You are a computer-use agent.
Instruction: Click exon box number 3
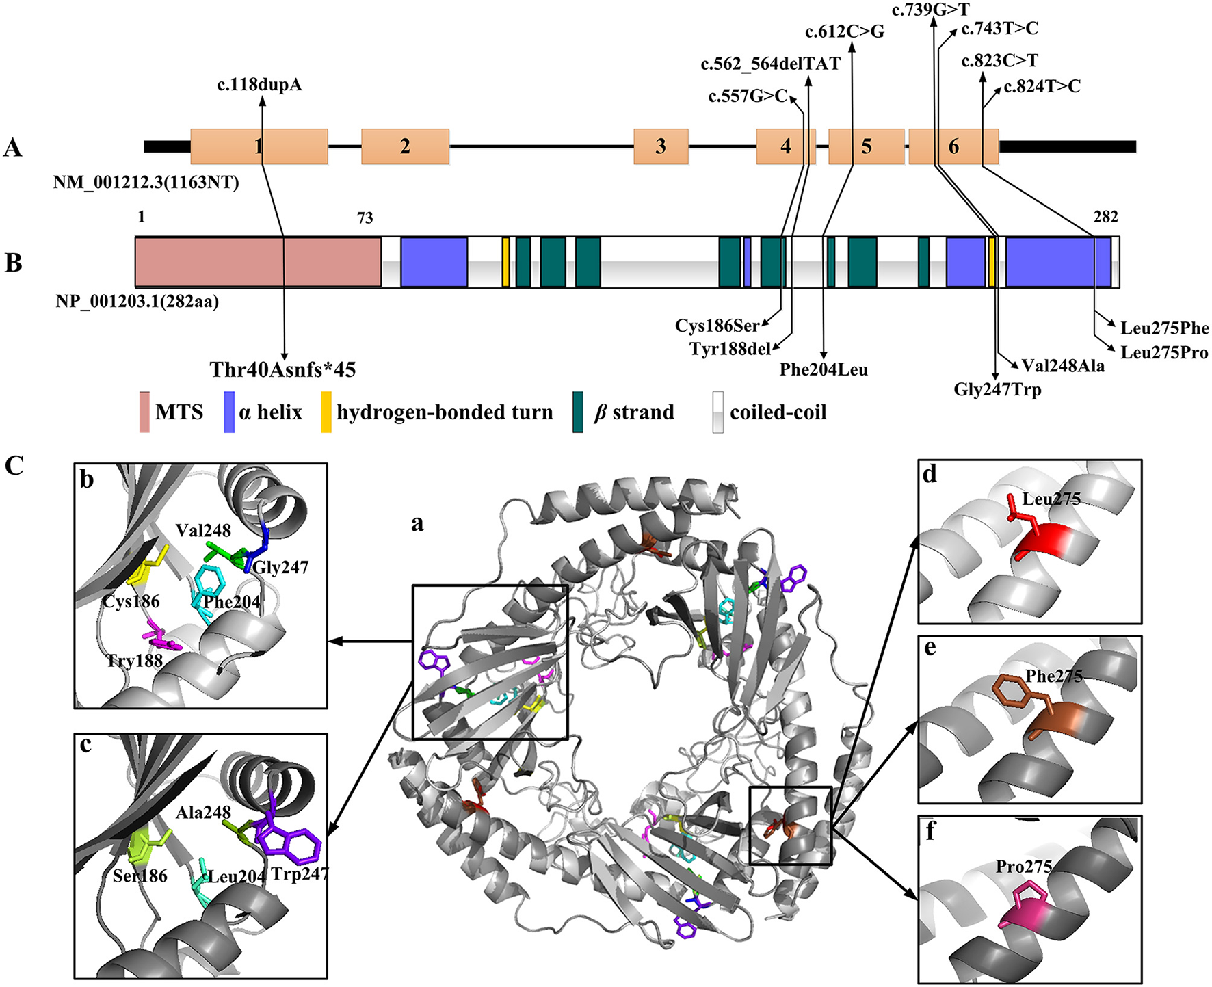661,146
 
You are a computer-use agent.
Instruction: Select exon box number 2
405,146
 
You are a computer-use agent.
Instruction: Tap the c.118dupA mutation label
259,85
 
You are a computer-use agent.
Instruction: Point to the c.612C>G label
845,31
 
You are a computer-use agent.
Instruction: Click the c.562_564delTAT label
770,64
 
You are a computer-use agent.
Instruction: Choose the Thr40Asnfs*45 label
282,370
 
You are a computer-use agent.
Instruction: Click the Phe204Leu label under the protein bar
824,370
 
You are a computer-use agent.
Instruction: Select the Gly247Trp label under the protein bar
997,390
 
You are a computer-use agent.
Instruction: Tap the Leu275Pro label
1164,352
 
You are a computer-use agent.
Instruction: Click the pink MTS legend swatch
144,412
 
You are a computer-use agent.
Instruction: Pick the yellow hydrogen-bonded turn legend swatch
326,412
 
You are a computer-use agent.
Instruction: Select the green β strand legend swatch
578,412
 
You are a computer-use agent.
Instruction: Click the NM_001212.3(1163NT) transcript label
146,183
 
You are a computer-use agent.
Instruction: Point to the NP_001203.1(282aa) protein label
137,301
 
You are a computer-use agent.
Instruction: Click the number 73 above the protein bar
365,218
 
